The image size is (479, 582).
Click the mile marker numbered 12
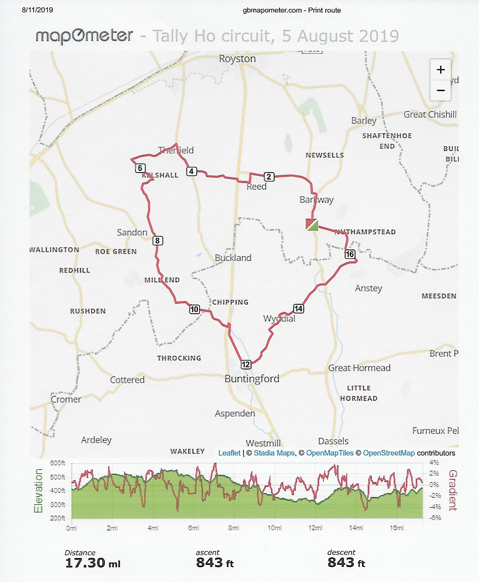coord(246,364)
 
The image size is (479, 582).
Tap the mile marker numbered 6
coord(140,168)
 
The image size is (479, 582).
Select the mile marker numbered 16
coord(350,254)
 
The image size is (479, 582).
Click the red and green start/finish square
coord(312,224)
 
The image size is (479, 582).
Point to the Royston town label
coord(237,59)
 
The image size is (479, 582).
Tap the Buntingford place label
coord(252,378)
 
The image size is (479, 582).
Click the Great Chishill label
coord(430,114)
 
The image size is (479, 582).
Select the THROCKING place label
coord(179,358)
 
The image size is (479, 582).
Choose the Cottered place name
coord(127,380)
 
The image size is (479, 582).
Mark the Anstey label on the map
coord(368,288)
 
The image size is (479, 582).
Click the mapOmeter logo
coord(84,36)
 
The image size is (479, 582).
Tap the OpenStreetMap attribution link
coord(389,453)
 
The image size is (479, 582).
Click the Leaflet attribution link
coord(229,453)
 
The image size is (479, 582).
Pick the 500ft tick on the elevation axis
coord(57,477)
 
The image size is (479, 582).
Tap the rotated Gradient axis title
coord(452,490)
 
